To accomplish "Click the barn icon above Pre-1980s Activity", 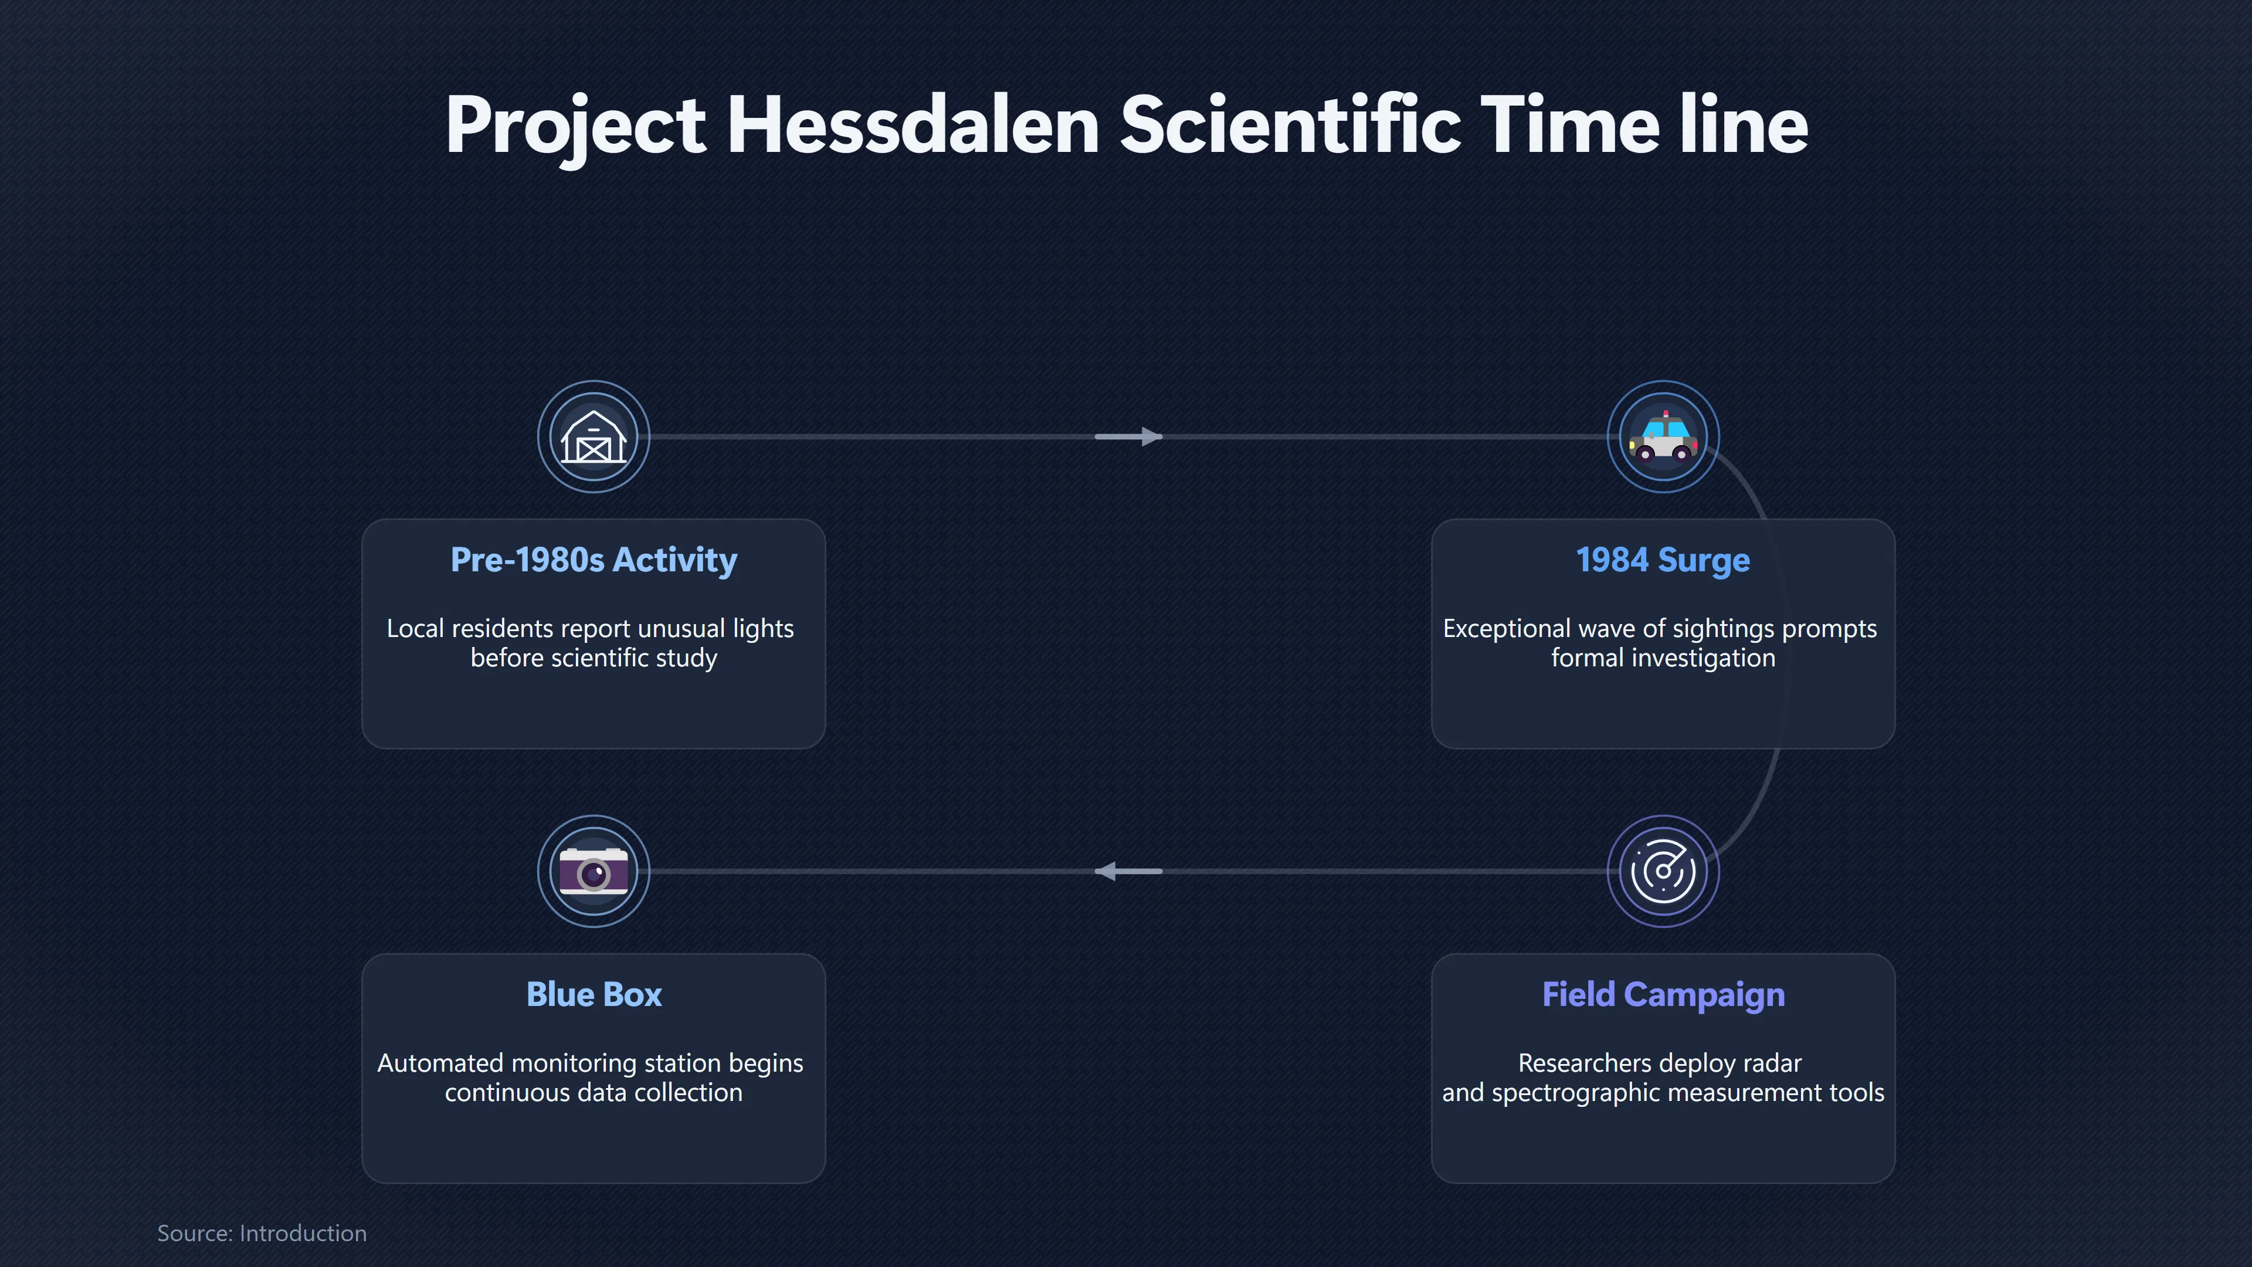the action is (593, 436).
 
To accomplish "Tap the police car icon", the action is (1663, 436).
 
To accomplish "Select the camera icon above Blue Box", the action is (593, 871).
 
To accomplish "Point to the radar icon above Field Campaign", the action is (1663, 871).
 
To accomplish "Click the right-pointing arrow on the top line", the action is (1128, 436).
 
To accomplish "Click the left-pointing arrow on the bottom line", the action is (1128, 871).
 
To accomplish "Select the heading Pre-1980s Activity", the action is (593, 560).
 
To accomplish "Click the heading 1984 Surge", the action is (1663, 560).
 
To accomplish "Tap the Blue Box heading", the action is (593, 994).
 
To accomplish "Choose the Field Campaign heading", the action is (1663, 995).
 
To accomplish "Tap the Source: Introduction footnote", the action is (262, 1233).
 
